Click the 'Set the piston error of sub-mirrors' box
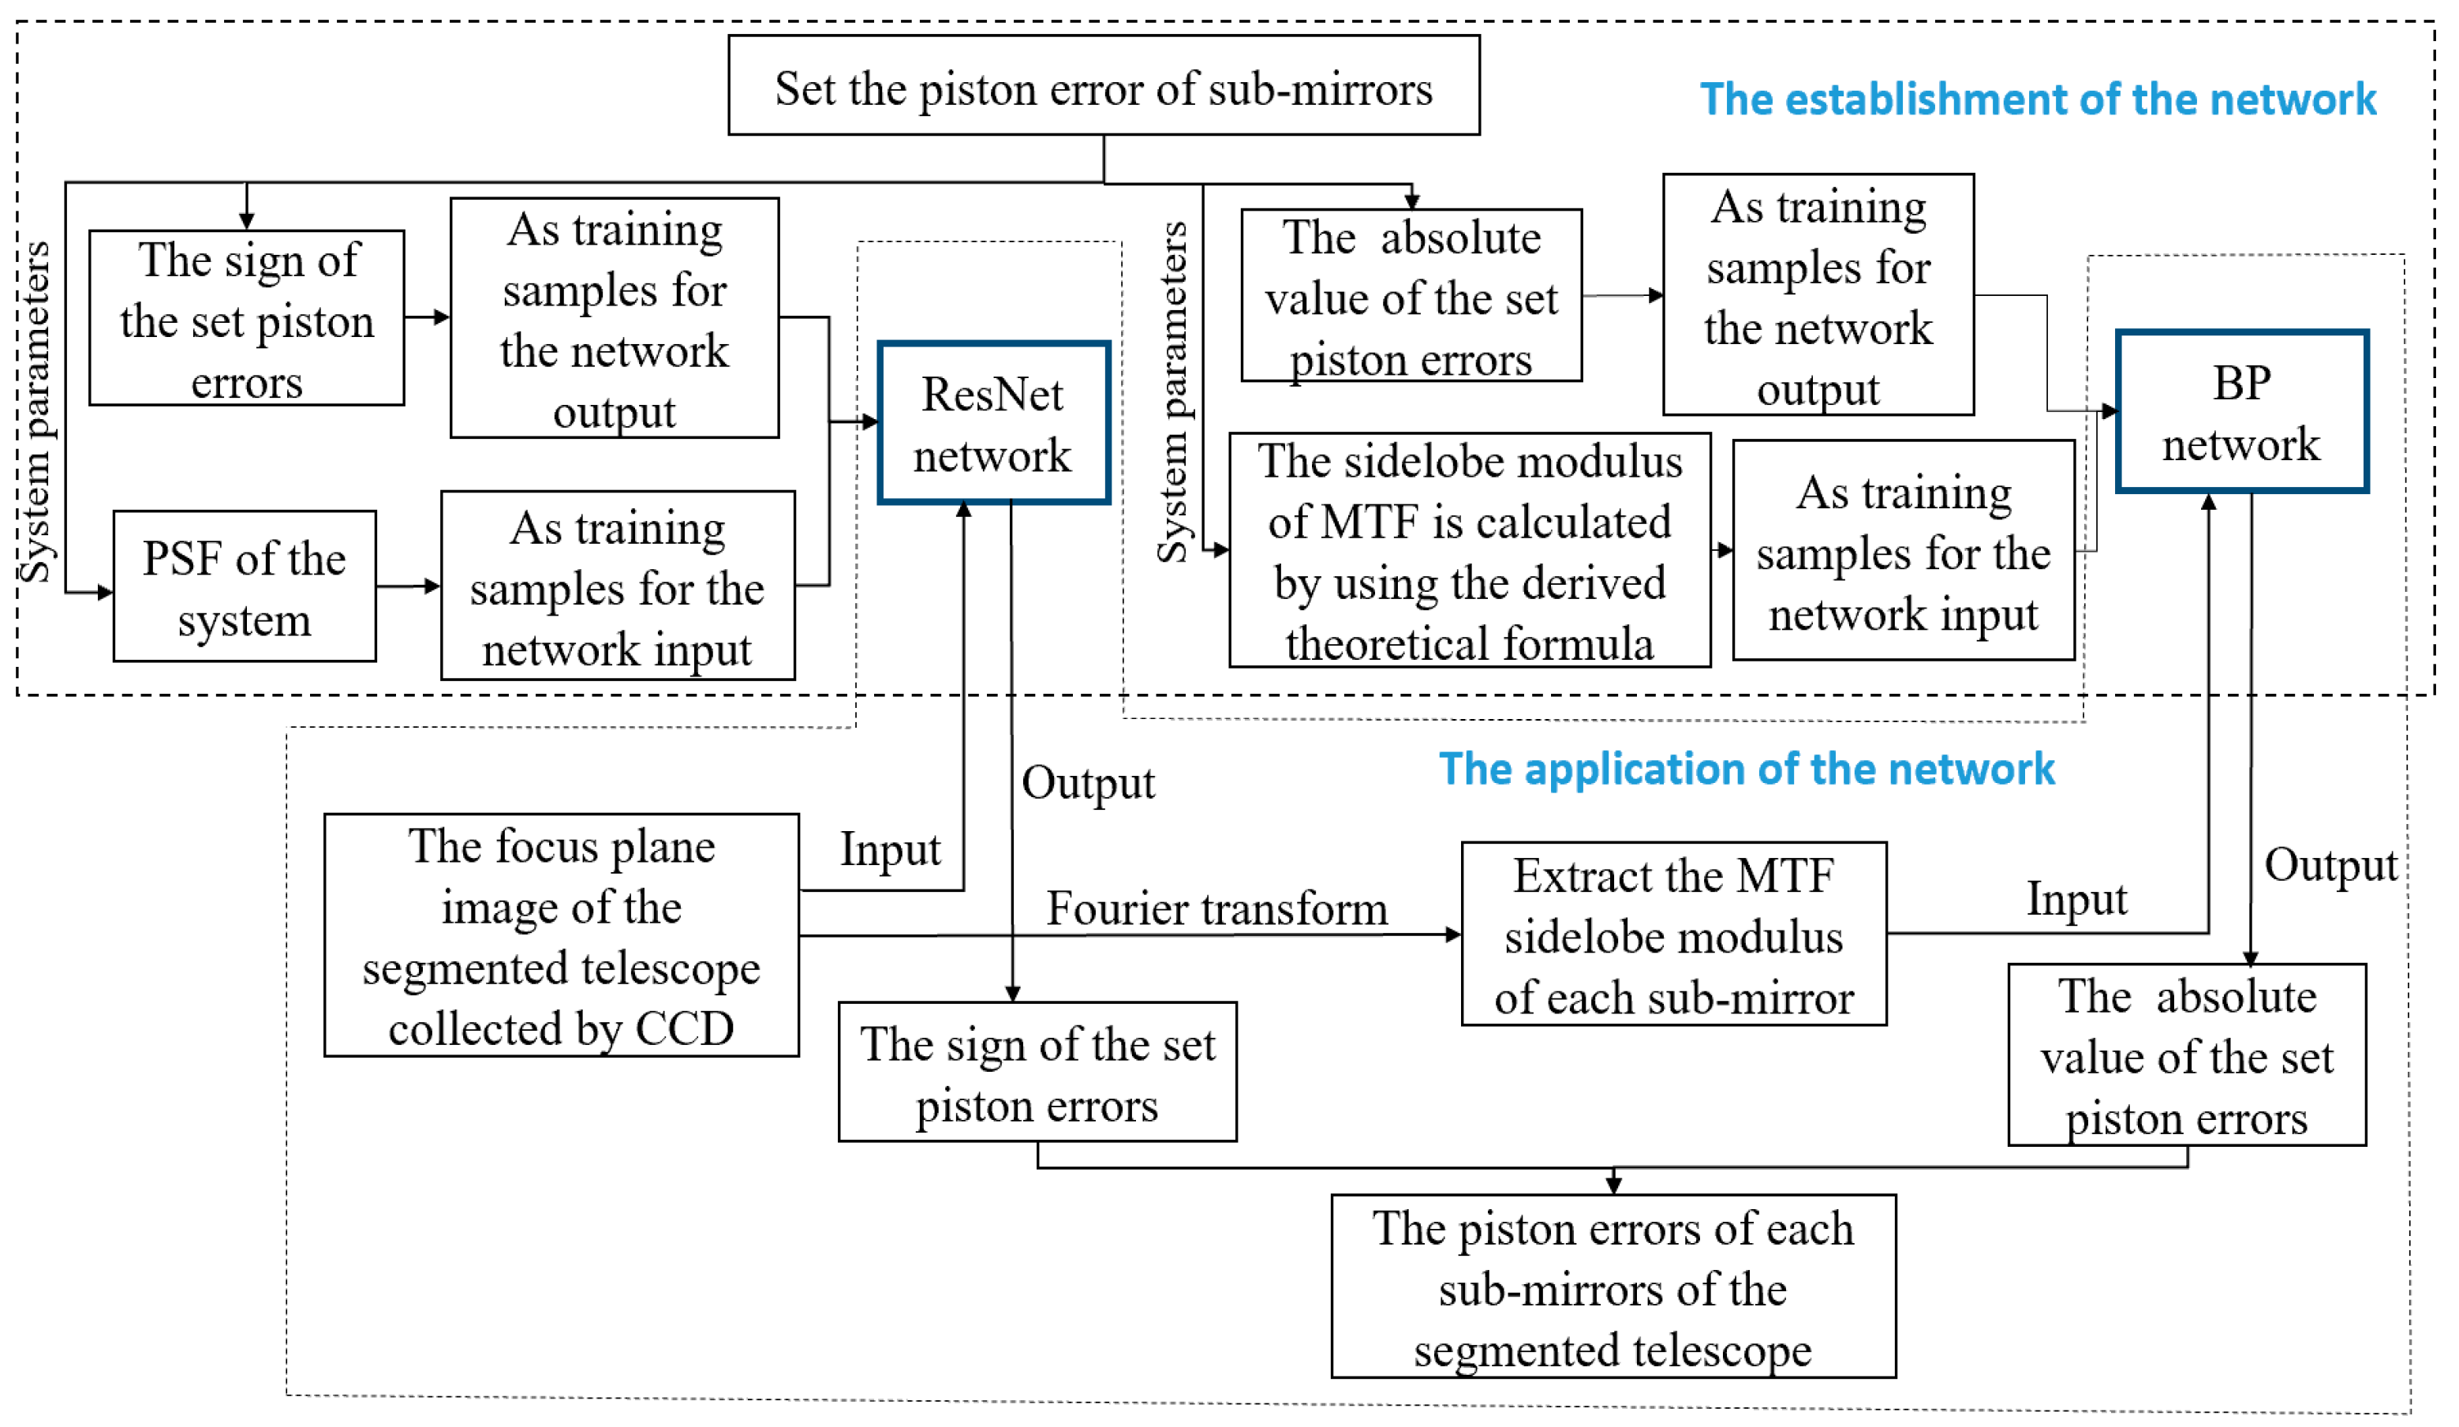pyautogui.click(x=1104, y=86)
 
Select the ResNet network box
pyautogui.click(x=993, y=422)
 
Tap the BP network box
pyautogui.click(x=2241, y=411)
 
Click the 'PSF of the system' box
pyautogui.click(x=244, y=586)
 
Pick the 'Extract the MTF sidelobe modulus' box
pyautogui.click(x=1673, y=934)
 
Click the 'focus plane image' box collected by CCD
pyautogui.click(x=561, y=935)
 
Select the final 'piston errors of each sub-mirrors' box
pyautogui.click(x=1613, y=1287)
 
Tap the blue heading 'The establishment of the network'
pyautogui.click(x=2038, y=99)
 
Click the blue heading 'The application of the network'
pyautogui.click(x=1747, y=769)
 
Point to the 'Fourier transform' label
pyautogui.click(x=1216, y=908)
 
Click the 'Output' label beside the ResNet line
pyautogui.click(x=1088, y=783)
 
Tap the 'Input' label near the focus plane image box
pyautogui.click(x=890, y=849)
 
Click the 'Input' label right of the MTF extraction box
pyautogui.click(x=2076, y=899)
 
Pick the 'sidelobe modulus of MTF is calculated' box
pyautogui.click(x=1470, y=550)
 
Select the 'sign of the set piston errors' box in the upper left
pyautogui.click(x=246, y=318)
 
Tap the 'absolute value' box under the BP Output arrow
pyautogui.click(x=2187, y=1056)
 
